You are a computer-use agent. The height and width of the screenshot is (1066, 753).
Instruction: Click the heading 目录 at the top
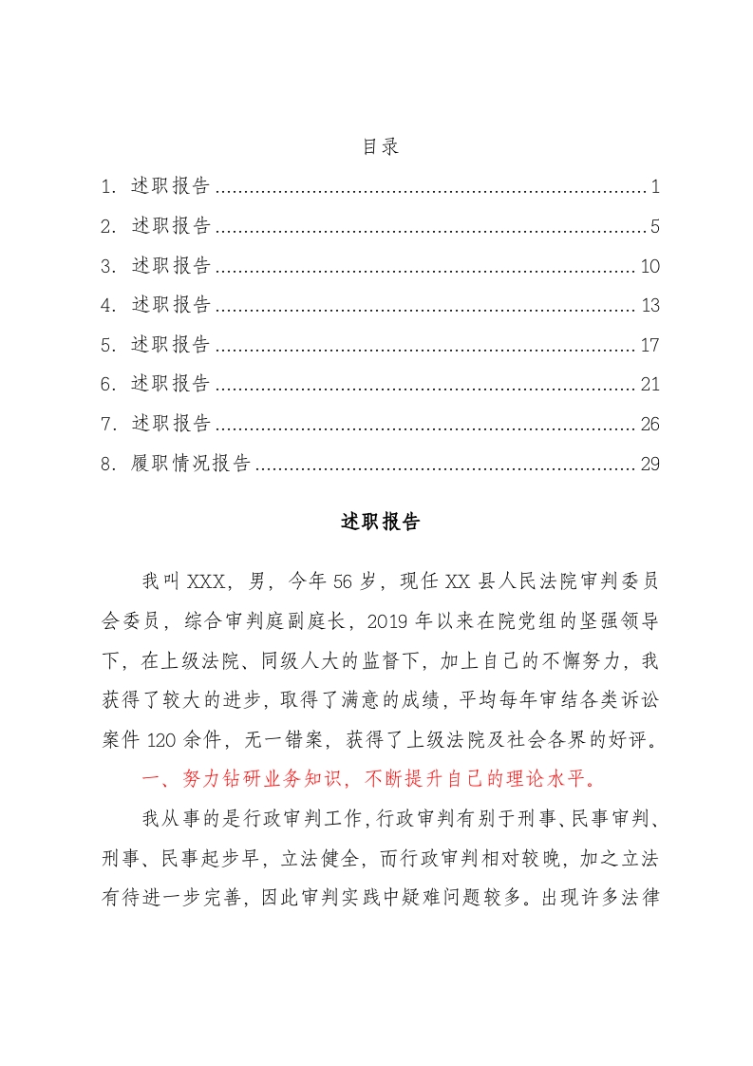click(380, 147)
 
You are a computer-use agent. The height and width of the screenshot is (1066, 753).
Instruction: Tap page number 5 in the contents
click(655, 226)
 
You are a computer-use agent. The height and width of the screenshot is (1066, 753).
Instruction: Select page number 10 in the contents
click(649, 266)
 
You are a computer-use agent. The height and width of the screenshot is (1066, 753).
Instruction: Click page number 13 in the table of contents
click(649, 306)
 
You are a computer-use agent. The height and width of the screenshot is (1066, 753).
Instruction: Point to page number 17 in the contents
click(649, 345)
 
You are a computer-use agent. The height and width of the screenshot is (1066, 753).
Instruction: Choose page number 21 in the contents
click(649, 385)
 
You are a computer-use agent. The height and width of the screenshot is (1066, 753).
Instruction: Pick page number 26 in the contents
click(649, 424)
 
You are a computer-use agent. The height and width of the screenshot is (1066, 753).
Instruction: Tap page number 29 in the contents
click(649, 464)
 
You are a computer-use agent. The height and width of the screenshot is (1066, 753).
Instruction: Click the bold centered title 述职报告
click(380, 523)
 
